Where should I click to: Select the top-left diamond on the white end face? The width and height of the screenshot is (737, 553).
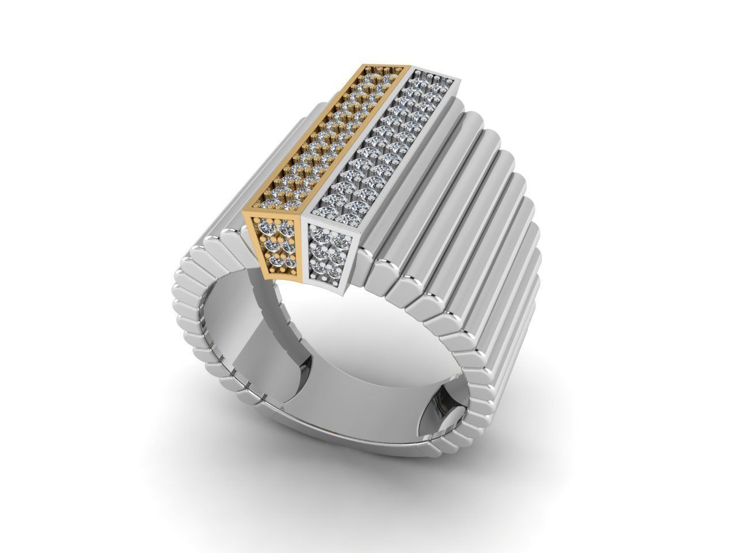click(315, 233)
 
